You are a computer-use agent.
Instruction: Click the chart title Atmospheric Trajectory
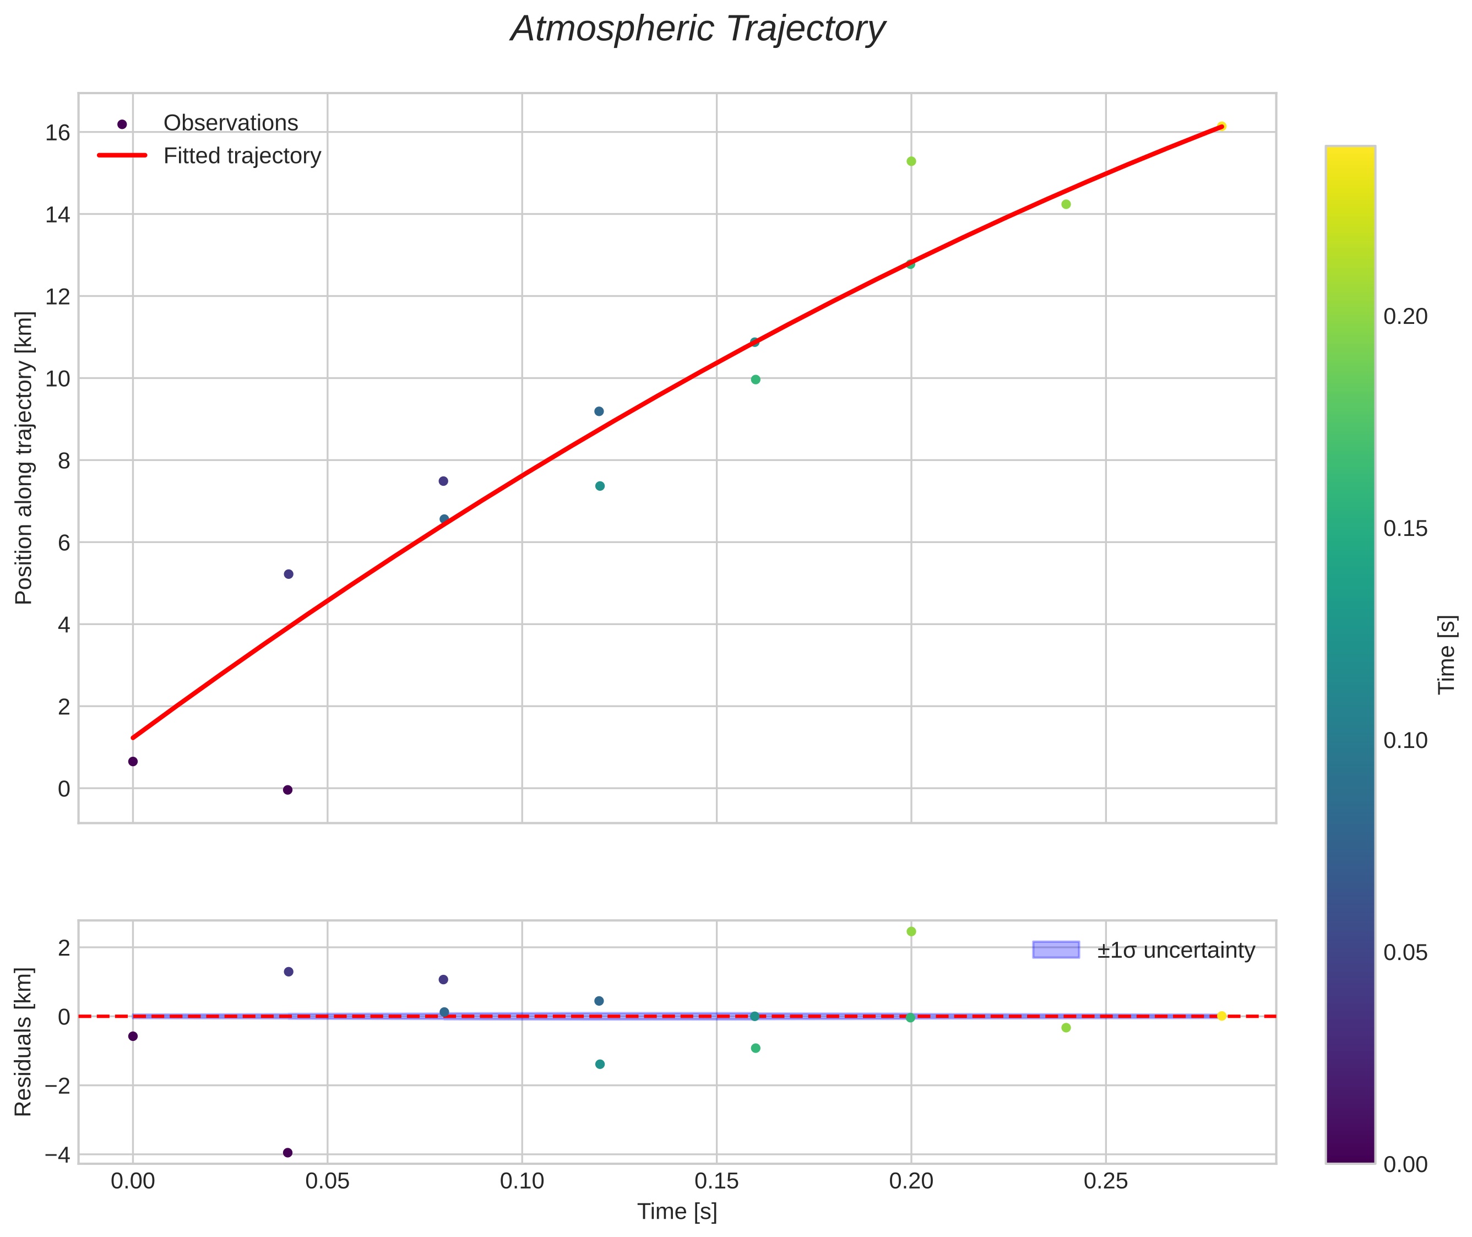[698, 29]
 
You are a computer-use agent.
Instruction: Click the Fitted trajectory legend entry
[209, 156]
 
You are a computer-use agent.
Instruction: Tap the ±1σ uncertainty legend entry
[1144, 950]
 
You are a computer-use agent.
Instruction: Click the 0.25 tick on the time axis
[1106, 1181]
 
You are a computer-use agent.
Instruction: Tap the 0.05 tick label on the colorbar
[1405, 952]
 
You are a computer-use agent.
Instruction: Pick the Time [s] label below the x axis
[677, 1212]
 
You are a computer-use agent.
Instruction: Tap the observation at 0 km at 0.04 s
[287, 790]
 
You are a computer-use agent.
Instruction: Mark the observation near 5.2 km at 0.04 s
[288, 574]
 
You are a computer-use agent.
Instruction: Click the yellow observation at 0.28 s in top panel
[1221, 126]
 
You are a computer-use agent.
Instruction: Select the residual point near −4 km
[287, 1152]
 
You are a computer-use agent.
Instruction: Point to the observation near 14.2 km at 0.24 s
[1066, 204]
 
